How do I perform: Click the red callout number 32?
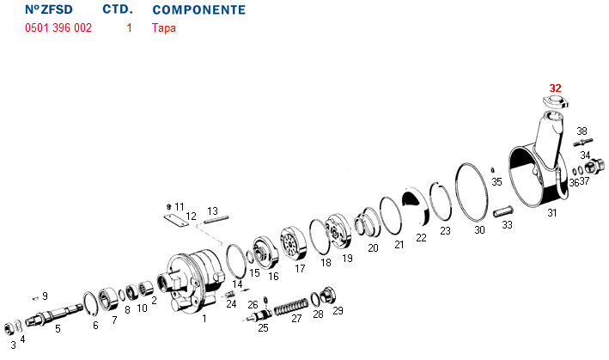(x=556, y=88)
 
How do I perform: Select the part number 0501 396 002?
(x=58, y=27)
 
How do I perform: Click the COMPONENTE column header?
(x=198, y=10)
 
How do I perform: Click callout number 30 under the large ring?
(x=479, y=229)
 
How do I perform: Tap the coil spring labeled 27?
(x=290, y=304)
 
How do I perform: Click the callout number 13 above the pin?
(x=212, y=211)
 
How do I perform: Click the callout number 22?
(x=421, y=238)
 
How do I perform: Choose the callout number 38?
(x=582, y=131)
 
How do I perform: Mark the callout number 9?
(x=45, y=296)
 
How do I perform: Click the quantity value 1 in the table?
(x=129, y=27)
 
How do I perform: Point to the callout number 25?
(x=263, y=327)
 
